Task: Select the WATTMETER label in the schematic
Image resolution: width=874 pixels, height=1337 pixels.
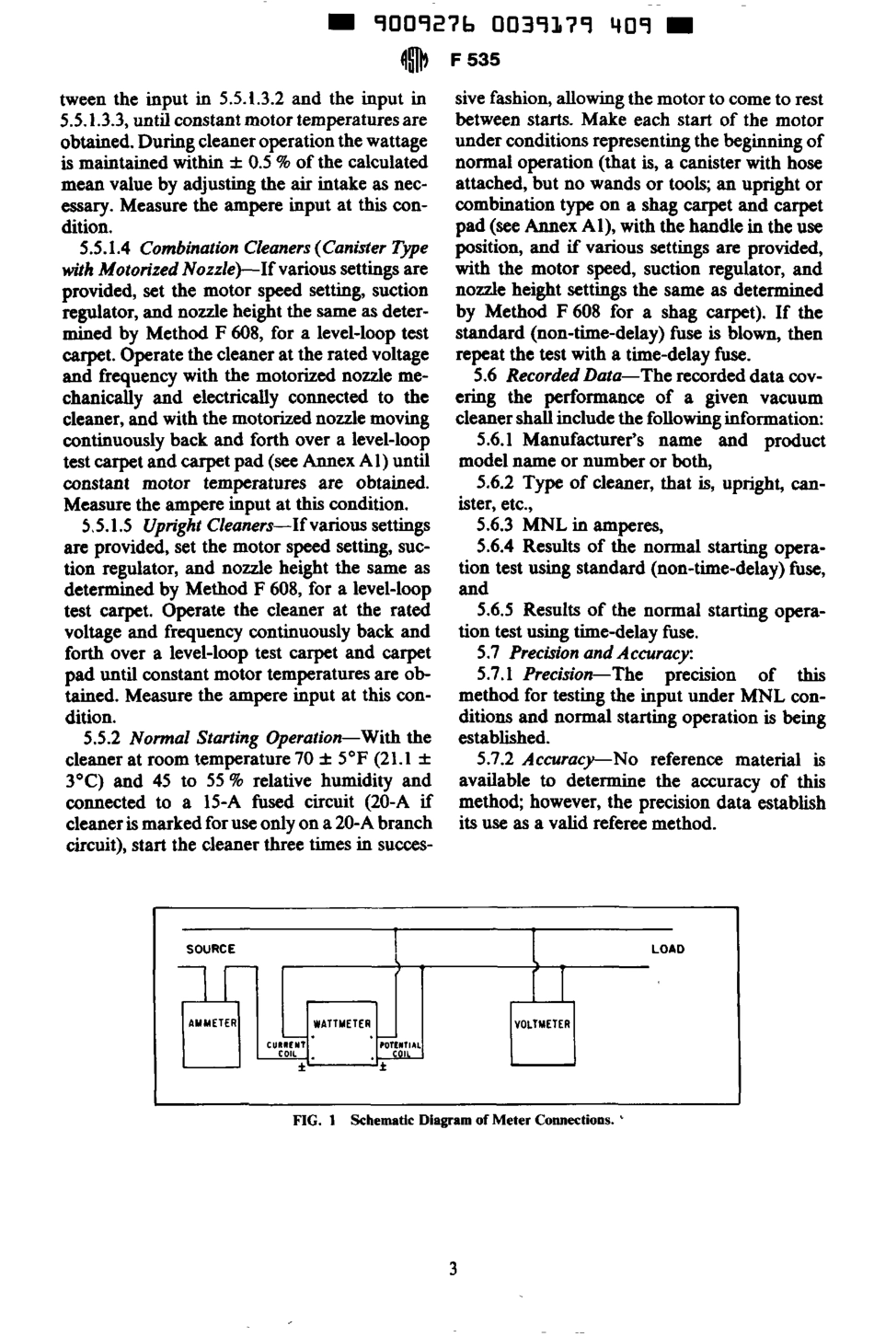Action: [342, 1023]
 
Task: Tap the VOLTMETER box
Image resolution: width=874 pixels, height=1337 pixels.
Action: [542, 1023]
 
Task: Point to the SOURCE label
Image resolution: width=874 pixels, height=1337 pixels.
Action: [211, 949]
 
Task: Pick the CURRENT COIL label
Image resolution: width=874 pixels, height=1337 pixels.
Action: [286, 1050]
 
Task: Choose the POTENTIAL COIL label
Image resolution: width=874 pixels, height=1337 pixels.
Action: [400, 1050]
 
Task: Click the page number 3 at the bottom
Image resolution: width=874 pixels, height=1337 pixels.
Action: [453, 1270]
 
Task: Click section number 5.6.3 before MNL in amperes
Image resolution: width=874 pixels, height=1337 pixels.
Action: [495, 525]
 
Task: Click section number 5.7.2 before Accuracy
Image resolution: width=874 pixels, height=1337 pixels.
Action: [495, 760]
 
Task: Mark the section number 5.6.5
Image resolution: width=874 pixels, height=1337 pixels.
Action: [495, 611]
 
